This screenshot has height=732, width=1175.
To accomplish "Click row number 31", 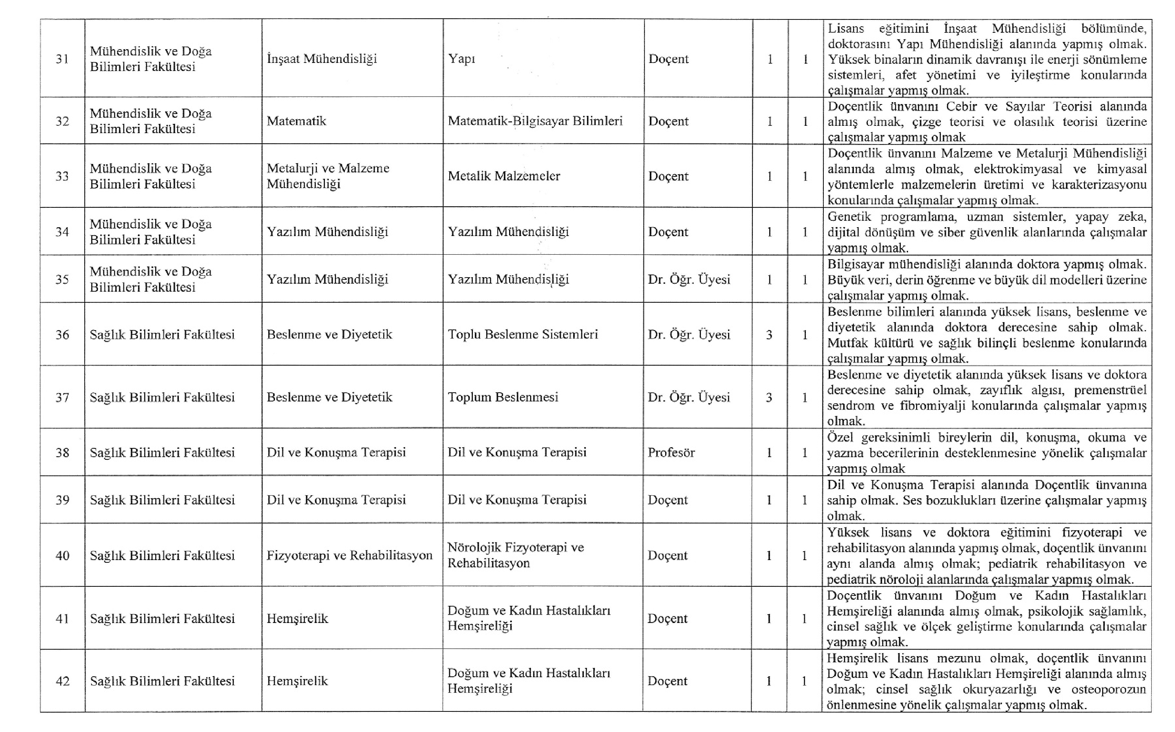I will (62, 59).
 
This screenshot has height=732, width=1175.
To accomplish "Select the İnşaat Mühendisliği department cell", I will (321, 59).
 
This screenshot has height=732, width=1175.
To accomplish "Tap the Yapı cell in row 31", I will (461, 59).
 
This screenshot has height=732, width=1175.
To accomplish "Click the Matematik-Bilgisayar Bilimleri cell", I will (535, 121).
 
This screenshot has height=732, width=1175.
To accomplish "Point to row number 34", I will (62, 232).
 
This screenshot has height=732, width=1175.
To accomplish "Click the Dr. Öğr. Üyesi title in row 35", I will (689, 279).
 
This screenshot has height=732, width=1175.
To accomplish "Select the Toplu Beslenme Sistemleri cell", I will (522, 334).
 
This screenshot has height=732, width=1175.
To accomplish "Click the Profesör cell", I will (671, 453).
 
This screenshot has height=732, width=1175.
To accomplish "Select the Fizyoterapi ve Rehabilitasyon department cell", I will (349, 555).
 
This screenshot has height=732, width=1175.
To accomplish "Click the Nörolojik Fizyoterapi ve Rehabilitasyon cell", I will (515, 555).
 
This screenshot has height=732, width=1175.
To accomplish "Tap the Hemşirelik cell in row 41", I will (297, 619).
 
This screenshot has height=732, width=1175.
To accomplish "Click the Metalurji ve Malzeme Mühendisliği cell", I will (328, 176).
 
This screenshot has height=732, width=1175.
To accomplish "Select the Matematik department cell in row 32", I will (296, 121).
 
